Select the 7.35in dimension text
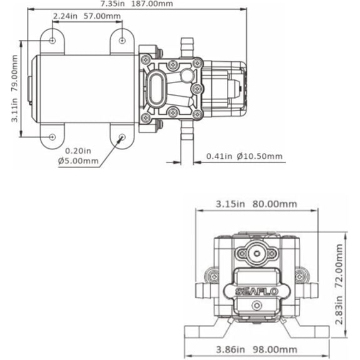[112, 4]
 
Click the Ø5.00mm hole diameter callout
[78, 161]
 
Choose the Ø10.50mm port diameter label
[259, 156]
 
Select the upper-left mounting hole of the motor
[52, 41]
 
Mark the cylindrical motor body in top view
[84, 88]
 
